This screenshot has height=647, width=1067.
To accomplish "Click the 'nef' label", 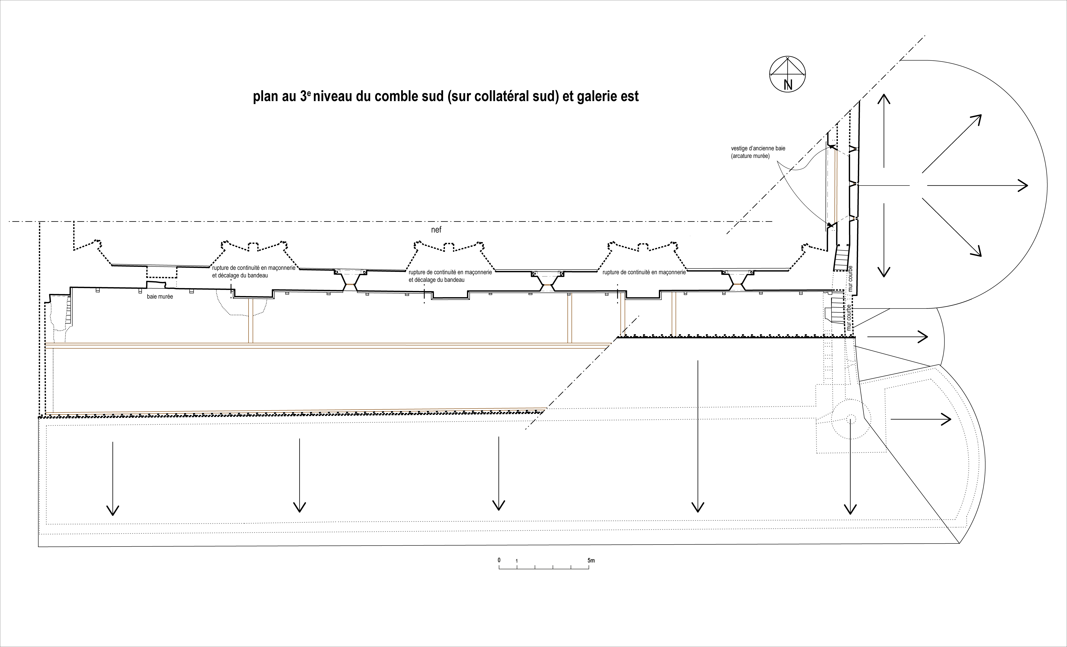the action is [x=436, y=230].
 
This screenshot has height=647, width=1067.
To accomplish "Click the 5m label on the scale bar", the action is [x=591, y=560].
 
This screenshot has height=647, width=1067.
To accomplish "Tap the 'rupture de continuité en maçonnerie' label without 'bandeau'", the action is [x=644, y=273].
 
